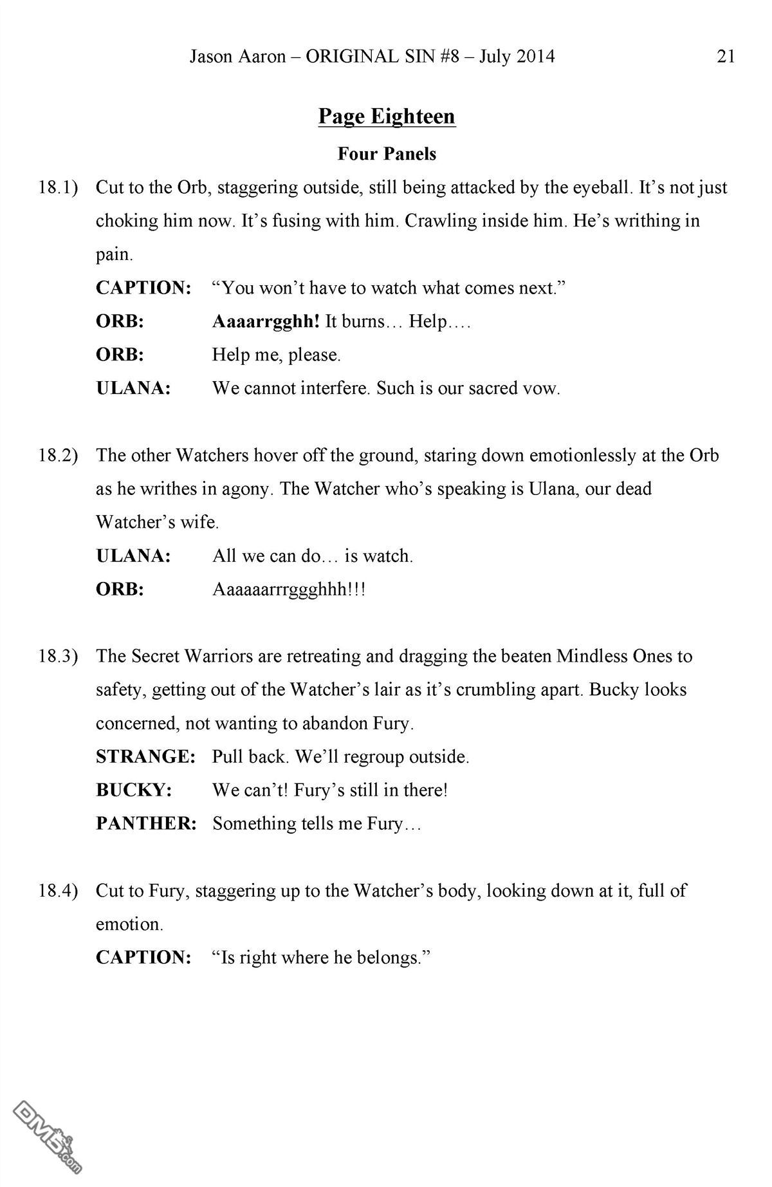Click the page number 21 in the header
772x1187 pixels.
point(725,57)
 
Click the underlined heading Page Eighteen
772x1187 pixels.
point(387,117)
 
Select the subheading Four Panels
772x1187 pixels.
point(387,154)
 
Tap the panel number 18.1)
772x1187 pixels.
point(58,188)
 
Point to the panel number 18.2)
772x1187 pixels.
point(58,456)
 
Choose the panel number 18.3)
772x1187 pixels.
point(58,657)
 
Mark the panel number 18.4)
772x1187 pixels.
point(58,891)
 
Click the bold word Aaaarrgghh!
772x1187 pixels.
point(266,322)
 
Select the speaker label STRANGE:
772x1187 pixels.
point(145,757)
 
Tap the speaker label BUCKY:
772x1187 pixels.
point(134,790)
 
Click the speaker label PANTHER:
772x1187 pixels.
point(146,824)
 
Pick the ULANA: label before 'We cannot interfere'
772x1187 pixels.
point(133,389)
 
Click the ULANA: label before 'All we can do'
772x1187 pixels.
point(133,556)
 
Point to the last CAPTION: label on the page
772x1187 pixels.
point(143,958)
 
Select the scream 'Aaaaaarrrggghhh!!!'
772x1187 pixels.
point(289,590)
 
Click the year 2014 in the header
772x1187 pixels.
point(535,57)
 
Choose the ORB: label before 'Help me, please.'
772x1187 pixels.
point(120,355)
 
